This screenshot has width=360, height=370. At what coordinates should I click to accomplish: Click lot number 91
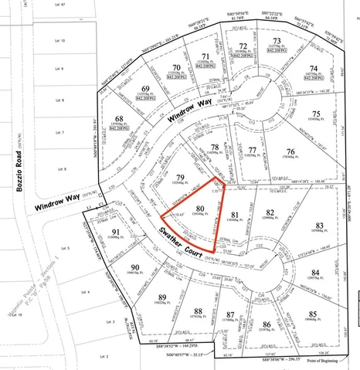(x=115, y=232)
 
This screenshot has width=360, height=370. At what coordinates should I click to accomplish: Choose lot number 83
(x=319, y=226)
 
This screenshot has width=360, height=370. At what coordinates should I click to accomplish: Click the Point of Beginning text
(x=321, y=362)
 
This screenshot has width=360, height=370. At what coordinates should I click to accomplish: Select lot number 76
(x=290, y=151)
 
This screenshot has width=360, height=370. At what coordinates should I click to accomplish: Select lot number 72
(x=243, y=46)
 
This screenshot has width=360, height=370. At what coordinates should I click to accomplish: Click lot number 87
(x=229, y=314)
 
